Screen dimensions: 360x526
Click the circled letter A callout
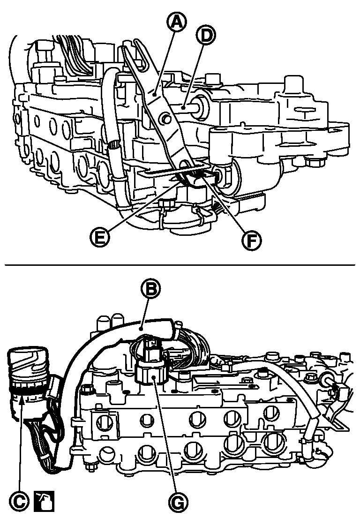[176, 23]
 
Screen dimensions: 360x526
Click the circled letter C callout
[17, 501]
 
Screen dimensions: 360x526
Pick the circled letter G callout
[178, 502]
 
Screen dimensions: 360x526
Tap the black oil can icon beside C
[44, 501]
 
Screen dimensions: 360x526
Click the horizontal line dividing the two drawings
[180, 265]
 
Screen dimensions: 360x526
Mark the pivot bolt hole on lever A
[165, 117]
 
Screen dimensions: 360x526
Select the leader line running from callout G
[165, 435]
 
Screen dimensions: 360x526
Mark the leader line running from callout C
[20, 443]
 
